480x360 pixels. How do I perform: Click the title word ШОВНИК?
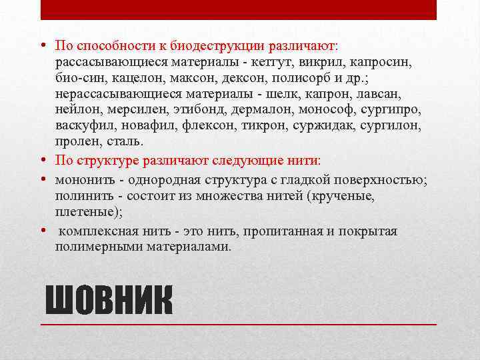pos(108,301)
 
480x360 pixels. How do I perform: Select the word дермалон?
pos(255,110)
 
